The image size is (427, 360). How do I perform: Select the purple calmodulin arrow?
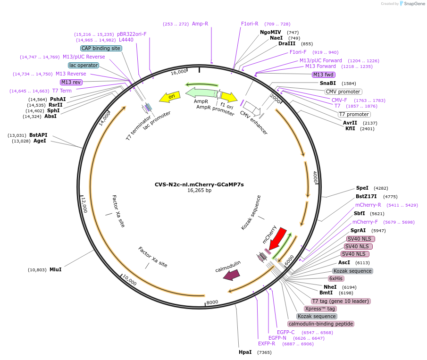click(x=232, y=275)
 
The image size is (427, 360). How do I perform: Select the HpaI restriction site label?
click(x=245, y=352)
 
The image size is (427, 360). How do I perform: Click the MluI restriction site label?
click(x=55, y=270)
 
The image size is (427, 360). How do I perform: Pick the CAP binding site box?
click(x=101, y=48)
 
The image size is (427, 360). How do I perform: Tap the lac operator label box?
click(x=84, y=65)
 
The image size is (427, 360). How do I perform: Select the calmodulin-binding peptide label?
click(x=321, y=324)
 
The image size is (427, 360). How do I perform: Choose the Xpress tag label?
click(x=320, y=309)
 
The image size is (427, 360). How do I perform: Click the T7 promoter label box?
click(x=354, y=114)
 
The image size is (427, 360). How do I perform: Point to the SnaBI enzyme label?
click(x=328, y=83)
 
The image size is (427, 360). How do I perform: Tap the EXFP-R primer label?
click(x=267, y=344)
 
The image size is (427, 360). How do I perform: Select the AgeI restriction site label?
click(x=40, y=141)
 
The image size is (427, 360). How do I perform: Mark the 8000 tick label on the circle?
click(x=212, y=302)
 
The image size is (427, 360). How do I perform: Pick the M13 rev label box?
click(x=71, y=82)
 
